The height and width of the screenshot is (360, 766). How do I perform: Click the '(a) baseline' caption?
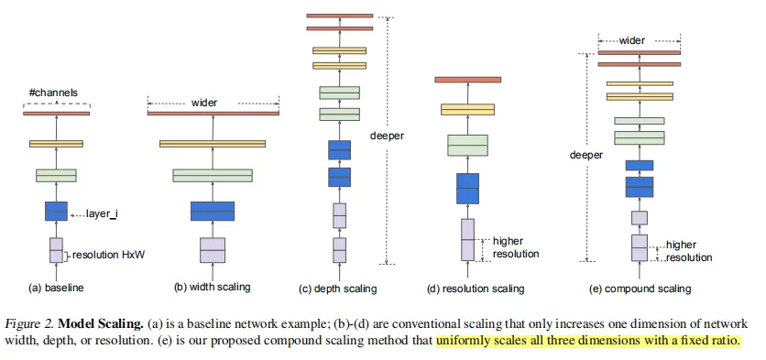[x=57, y=288]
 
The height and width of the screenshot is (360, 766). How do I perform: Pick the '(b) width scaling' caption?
[x=212, y=288]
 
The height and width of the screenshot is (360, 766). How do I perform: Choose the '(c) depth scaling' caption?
[x=338, y=289]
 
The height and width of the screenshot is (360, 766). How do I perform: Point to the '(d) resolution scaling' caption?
[x=476, y=289]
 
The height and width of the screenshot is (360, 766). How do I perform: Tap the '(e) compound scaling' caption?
[x=640, y=289]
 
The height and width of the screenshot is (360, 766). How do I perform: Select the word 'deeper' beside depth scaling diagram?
[x=387, y=136]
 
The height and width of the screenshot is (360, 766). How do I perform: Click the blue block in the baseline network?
[x=56, y=211]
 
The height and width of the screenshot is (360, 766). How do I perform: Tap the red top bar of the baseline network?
[x=56, y=113]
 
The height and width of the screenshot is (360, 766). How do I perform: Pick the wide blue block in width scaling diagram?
[x=213, y=211]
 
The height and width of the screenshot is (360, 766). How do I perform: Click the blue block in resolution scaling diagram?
[x=468, y=188]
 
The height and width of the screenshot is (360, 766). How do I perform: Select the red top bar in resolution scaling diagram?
[x=468, y=80]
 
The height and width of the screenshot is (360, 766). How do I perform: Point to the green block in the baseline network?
[x=56, y=175]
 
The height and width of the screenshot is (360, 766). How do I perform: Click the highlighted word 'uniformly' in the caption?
[x=466, y=341]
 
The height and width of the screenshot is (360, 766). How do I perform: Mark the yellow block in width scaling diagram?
[x=213, y=144]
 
